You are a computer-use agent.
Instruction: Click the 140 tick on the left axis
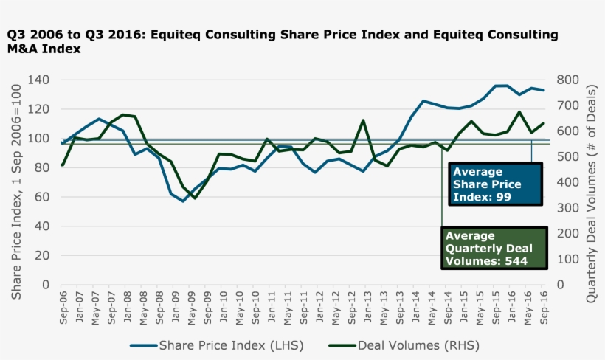[38, 80]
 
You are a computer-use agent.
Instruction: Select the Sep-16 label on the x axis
[544, 307]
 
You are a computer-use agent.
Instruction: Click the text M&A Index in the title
[44, 49]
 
